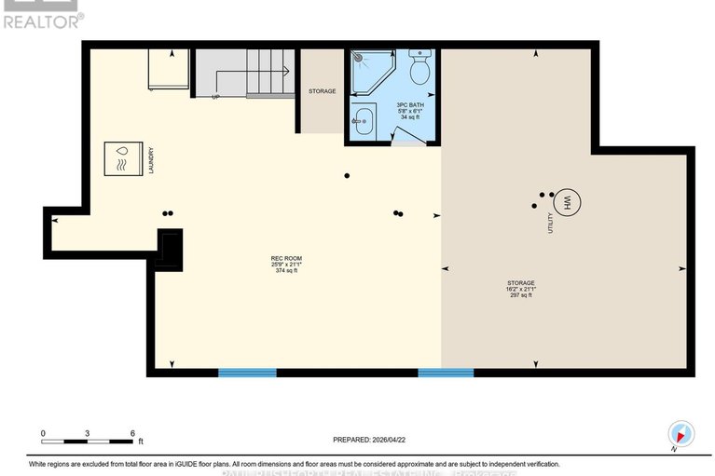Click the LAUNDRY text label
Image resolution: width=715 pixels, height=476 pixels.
149,159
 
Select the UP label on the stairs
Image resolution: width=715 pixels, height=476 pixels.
216,96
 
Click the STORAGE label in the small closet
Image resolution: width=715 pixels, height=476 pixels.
322,91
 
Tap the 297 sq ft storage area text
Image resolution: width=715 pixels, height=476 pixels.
521,295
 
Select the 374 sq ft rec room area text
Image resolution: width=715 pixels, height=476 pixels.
286,271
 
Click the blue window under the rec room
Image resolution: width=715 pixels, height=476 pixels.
247,373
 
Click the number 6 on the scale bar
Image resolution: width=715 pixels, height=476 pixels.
131,434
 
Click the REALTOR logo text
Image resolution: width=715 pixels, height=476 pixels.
42,19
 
